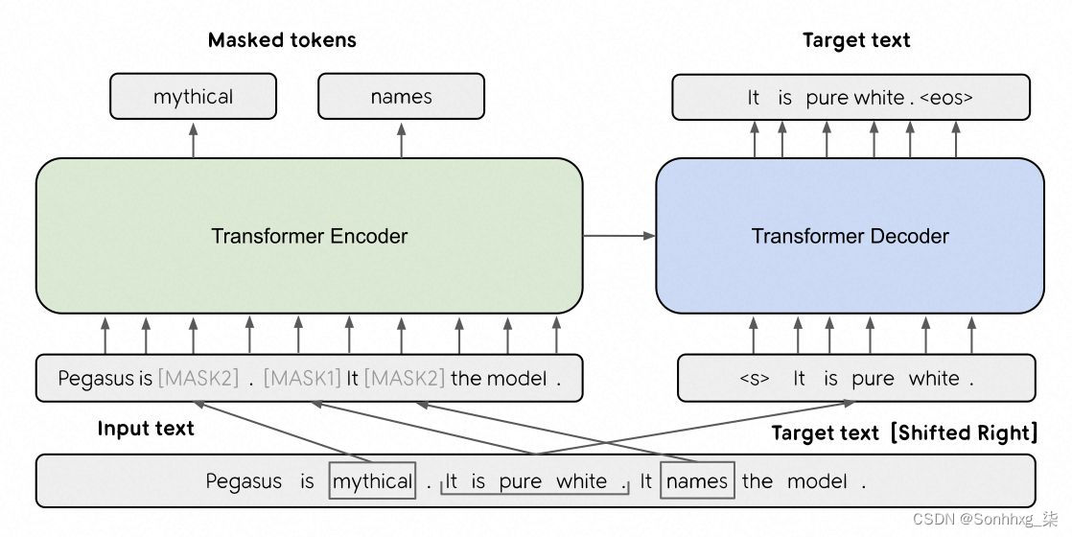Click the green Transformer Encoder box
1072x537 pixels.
pos(309,236)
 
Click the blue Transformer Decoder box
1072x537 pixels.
pos(850,236)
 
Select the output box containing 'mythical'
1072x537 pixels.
pos(193,97)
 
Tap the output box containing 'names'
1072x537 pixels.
pos(401,97)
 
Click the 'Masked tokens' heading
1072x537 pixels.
pos(282,40)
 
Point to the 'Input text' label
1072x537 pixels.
pos(146,429)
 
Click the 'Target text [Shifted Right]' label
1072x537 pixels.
pos(904,433)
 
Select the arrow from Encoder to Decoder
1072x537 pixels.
pos(618,236)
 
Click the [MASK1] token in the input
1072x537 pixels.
pos(302,379)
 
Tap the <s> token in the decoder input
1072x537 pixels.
pos(755,379)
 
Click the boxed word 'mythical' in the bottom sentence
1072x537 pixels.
pos(372,481)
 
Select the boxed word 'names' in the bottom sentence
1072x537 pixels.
pos(697,481)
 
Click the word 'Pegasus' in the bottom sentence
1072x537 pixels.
pos(244,481)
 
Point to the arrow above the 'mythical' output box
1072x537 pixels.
pos(194,139)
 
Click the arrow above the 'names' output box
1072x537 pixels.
pos(401,139)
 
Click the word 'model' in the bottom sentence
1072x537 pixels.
pos(817,481)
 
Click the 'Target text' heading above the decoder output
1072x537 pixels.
pos(855,40)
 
